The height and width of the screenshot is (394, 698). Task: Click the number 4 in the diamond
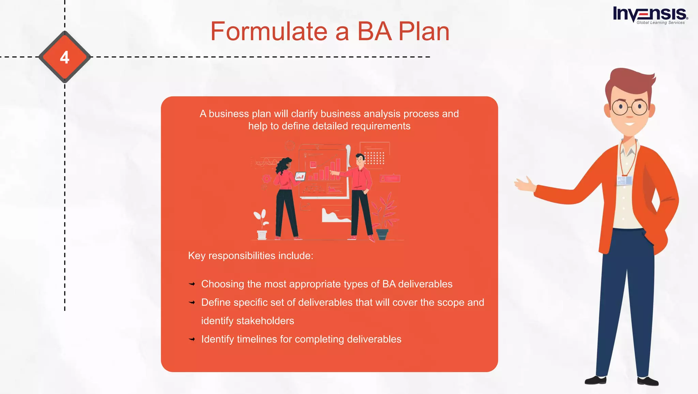64,57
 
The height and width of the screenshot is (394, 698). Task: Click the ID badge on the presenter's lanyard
624,180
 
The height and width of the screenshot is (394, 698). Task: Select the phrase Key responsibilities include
251,256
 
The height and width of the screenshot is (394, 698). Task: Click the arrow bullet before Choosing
192,284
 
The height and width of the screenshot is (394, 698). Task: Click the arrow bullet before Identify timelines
192,339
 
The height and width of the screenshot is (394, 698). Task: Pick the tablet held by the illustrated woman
300,176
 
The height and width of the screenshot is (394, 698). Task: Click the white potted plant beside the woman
261,225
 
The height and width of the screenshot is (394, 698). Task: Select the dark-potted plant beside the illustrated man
383,218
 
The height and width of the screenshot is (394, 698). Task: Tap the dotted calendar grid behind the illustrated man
375,158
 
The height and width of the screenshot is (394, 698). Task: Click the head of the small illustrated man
360,159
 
